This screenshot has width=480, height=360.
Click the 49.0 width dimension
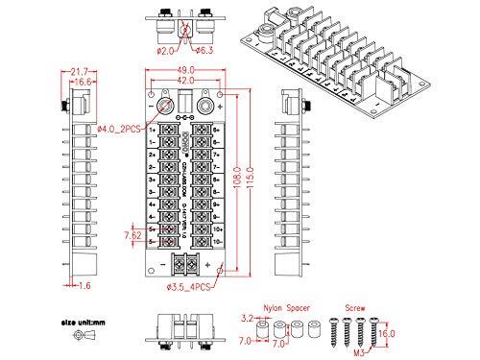pyautogui.click(x=186, y=70)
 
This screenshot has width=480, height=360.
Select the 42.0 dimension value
pyautogui.click(x=186, y=82)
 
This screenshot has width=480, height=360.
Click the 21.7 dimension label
pyautogui.click(x=80, y=71)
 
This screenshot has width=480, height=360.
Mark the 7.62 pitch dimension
pyautogui.click(x=132, y=234)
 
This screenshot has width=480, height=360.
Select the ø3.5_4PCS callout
pyautogui.click(x=190, y=286)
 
